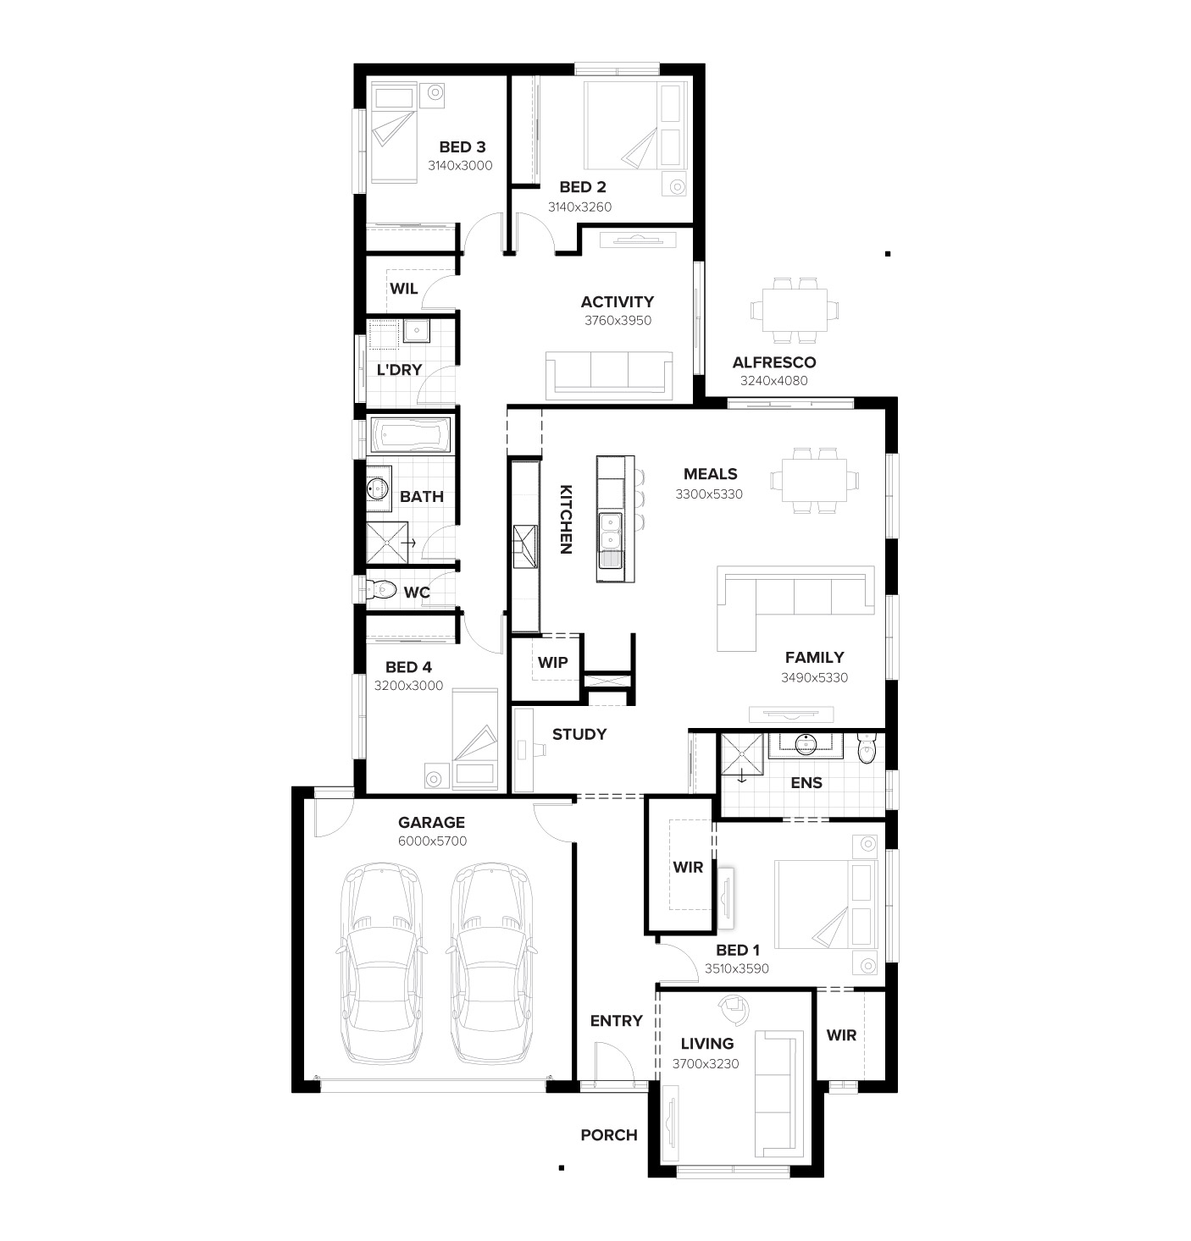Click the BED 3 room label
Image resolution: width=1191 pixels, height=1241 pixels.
point(462,147)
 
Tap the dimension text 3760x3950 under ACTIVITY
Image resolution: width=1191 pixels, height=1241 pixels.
point(618,321)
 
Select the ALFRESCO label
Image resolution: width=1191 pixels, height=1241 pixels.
point(773,362)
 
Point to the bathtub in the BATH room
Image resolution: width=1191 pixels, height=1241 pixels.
point(411,436)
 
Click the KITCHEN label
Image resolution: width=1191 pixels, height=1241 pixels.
point(566,519)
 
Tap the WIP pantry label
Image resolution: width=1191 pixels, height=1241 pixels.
point(552,662)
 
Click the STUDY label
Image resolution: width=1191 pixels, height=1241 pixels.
point(579,734)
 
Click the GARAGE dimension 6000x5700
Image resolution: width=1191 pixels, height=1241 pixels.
point(432,841)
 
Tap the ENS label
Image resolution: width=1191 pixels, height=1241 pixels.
point(806,783)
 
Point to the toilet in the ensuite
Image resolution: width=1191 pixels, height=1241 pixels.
point(867,749)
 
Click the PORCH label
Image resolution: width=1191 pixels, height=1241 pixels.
point(608,1135)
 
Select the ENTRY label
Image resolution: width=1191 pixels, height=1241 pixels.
point(616,1021)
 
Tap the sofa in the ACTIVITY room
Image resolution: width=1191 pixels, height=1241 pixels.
point(609,373)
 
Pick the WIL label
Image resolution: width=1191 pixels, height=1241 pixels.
point(403,289)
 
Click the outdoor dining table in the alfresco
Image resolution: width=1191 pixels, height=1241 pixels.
point(795,310)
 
